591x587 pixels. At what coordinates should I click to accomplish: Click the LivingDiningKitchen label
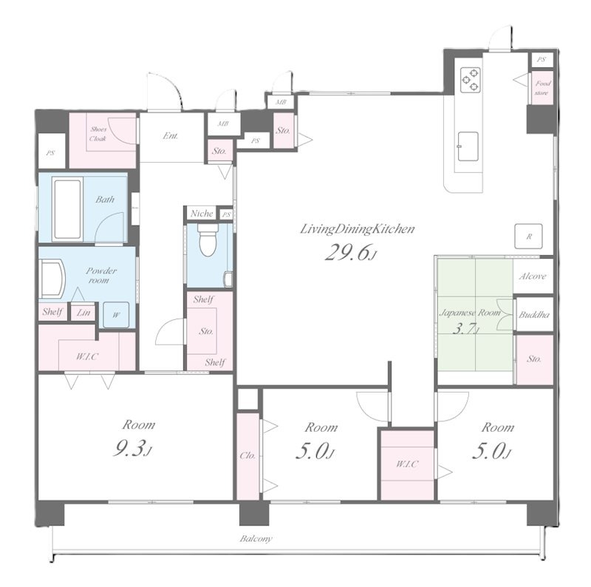[x=357, y=229]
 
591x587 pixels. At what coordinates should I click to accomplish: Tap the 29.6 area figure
[x=350, y=252]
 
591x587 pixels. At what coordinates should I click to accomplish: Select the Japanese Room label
[x=471, y=313]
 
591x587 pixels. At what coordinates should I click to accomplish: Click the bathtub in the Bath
[x=67, y=209]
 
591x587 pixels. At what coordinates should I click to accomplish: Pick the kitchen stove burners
[x=471, y=79]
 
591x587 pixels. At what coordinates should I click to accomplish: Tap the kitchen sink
[x=468, y=146]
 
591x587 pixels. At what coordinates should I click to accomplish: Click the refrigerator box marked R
[x=529, y=236]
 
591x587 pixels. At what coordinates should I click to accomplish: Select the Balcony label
[x=256, y=538]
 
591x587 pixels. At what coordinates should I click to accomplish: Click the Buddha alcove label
[x=533, y=315]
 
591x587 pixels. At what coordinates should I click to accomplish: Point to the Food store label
[x=542, y=88]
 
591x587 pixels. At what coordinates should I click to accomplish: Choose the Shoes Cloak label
[x=98, y=134]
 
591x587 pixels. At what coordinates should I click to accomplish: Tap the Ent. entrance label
[x=171, y=136]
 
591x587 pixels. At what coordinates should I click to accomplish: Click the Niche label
[x=202, y=214]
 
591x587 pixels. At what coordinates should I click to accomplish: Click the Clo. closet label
[x=247, y=455]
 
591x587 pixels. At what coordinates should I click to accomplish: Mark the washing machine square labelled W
[x=116, y=315]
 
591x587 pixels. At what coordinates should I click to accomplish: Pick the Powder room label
[x=100, y=276]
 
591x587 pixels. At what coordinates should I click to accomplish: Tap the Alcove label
[x=533, y=276]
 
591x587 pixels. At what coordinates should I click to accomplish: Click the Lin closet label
[x=83, y=313]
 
